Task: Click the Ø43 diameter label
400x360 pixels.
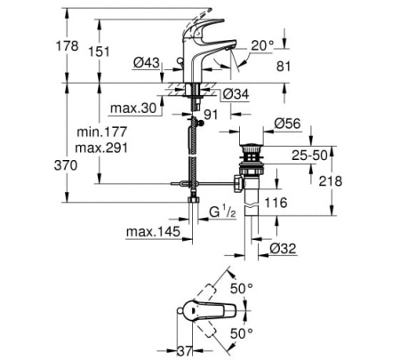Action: pos(148,63)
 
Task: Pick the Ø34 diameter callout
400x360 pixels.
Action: pos(236,93)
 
